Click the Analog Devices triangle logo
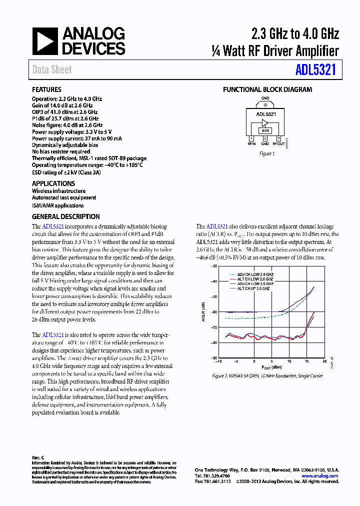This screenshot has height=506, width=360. [45, 41]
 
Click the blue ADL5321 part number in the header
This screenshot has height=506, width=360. [315, 70]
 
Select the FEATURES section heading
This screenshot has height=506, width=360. [46, 90]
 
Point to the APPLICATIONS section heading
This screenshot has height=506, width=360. [53, 183]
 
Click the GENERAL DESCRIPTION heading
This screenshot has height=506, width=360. [65, 216]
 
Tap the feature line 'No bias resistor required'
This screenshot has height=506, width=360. [61, 151]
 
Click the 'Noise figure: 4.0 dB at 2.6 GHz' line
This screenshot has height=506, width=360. [67, 125]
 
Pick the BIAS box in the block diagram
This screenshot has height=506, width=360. [265, 130]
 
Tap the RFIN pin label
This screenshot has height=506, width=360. [251, 144]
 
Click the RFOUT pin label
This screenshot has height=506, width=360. [278, 144]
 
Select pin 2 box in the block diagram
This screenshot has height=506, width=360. [265, 138]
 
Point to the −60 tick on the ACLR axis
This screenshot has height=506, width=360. [214, 312]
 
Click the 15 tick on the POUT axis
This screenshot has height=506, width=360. [306, 361]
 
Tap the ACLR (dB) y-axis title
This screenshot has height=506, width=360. [204, 312]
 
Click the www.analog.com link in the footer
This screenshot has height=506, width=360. [320, 476]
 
